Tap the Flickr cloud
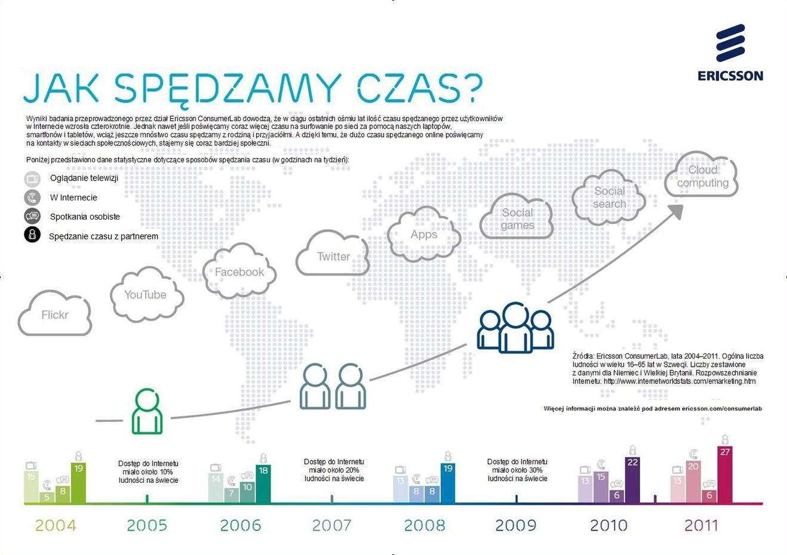tap(55, 314)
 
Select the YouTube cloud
tap(145, 294)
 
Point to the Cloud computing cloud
tap(702, 176)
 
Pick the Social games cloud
tap(517, 218)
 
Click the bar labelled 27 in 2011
tap(724, 475)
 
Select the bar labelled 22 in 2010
tap(632, 480)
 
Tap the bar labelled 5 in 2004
tap(47, 497)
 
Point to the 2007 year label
tap(331, 525)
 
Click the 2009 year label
tap(515, 525)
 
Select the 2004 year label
tap(56, 525)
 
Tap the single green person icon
tap(146, 411)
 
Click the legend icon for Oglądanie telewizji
tap(32, 178)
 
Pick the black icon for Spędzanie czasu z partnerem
tap(32, 235)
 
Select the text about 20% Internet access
tap(334, 470)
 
